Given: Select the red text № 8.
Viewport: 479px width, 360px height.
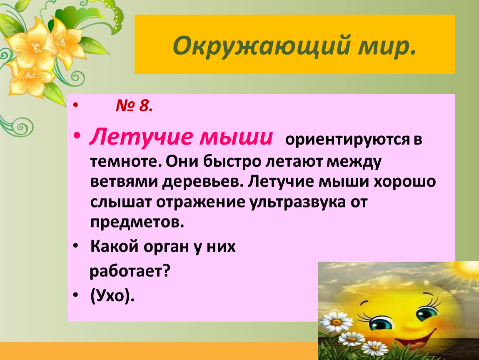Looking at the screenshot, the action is pyautogui.click(x=134, y=106).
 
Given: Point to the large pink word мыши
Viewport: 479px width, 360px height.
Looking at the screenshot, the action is pyautogui.click(x=236, y=137).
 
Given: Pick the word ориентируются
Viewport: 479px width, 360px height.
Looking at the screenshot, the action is pyautogui.click(x=347, y=140).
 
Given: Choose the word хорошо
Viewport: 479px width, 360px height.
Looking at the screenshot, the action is pyautogui.click(x=405, y=182).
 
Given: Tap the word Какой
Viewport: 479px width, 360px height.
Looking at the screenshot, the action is pyautogui.click(x=115, y=246).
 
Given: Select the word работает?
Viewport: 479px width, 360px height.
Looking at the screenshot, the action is pyautogui.click(x=130, y=271).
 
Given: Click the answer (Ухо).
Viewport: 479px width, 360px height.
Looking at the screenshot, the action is pyautogui.click(x=112, y=295).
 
